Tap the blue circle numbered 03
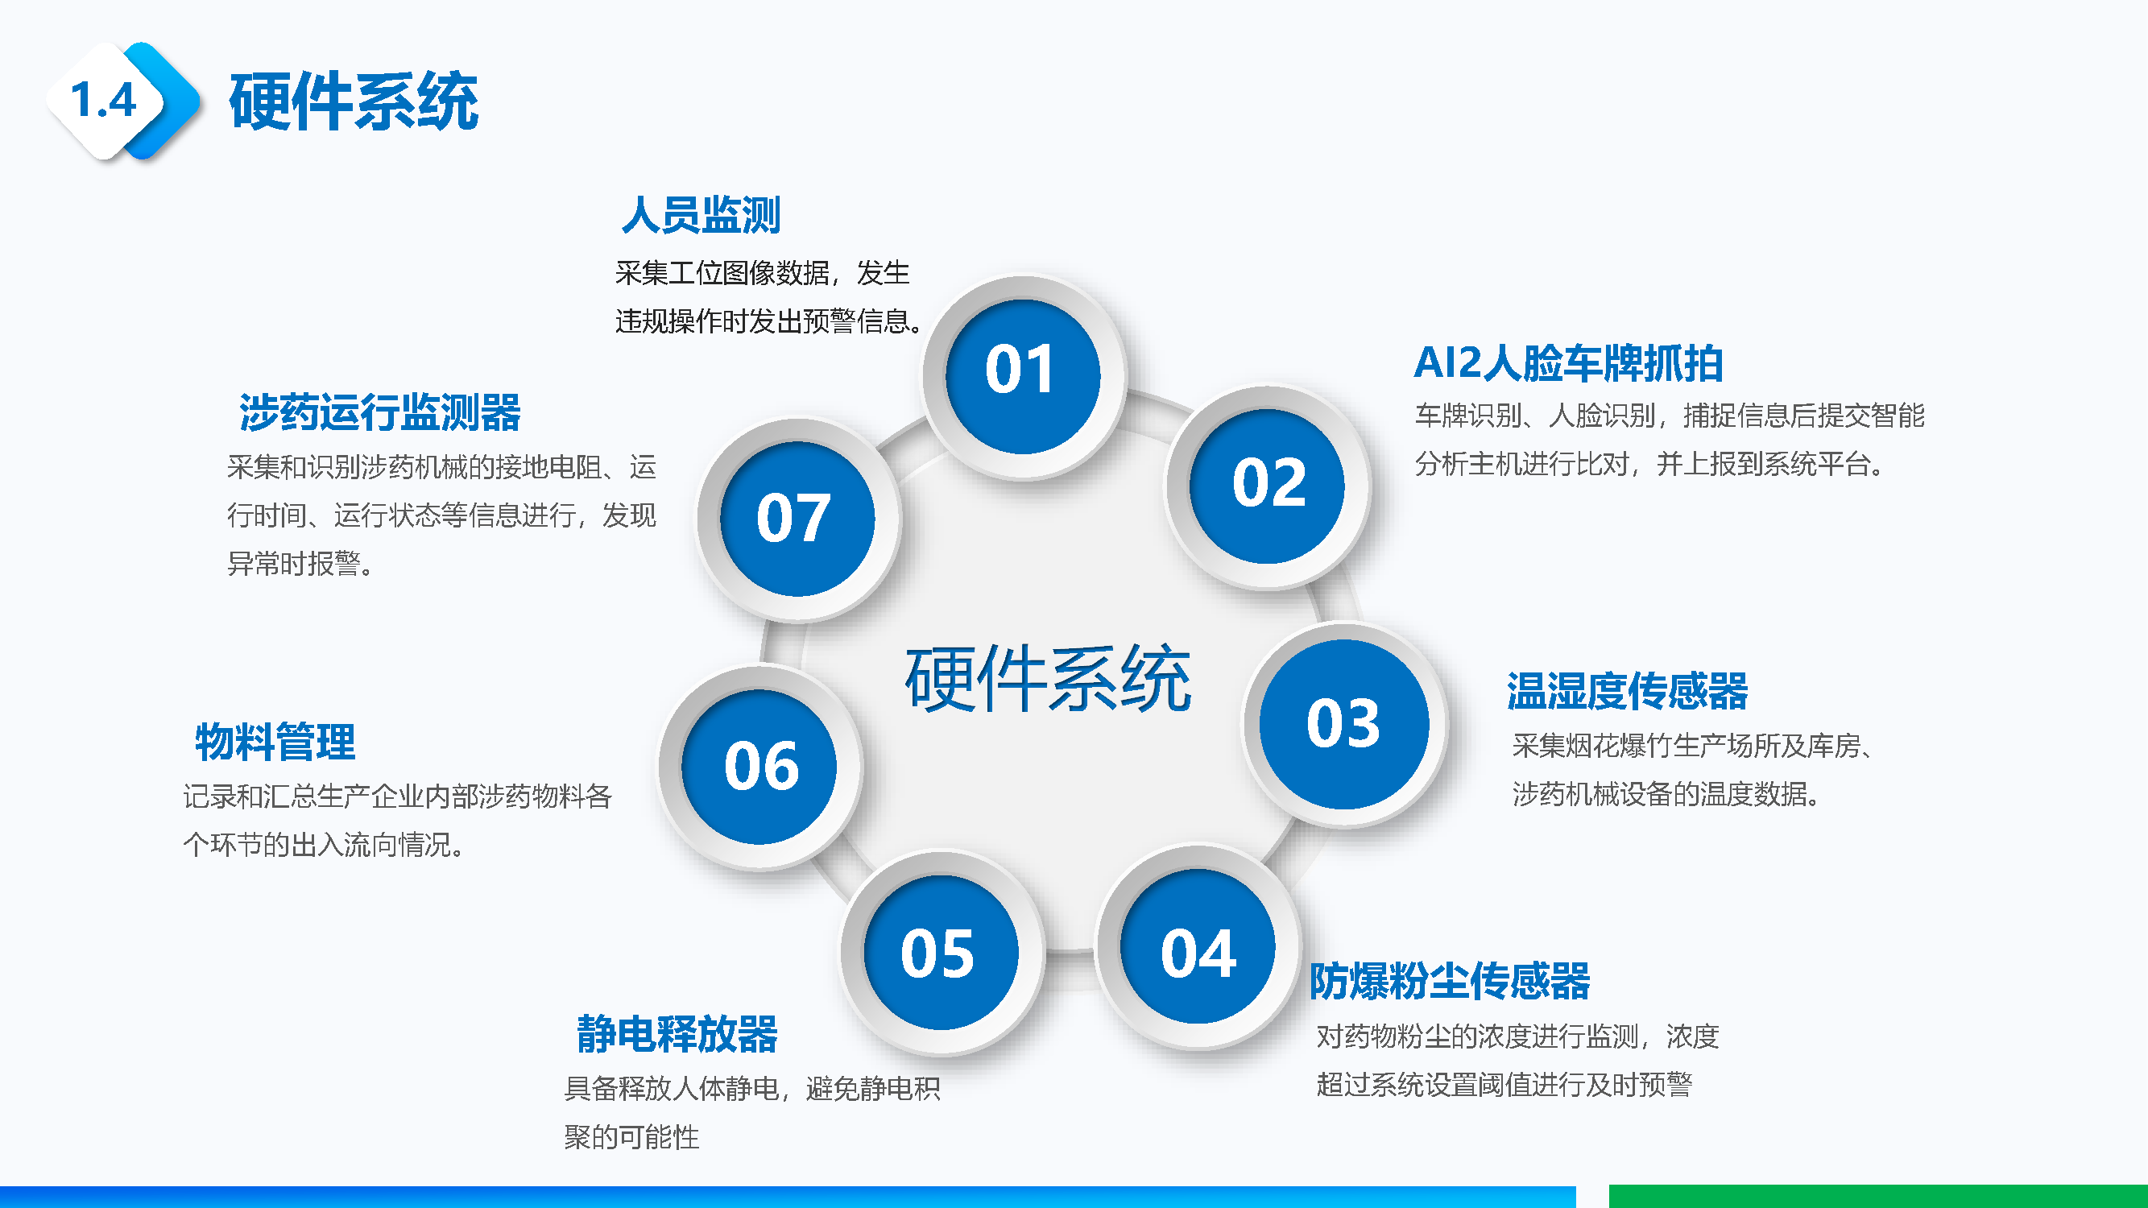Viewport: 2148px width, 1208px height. [1343, 724]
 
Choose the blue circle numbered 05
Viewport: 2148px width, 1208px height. [941, 951]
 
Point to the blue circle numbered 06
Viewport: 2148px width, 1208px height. [759, 766]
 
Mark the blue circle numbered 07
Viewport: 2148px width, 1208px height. [797, 519]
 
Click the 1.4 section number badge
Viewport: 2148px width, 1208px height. [105, 101]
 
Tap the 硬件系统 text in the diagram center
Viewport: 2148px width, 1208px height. [1048, 679]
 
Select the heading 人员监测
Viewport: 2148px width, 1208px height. [701, 215]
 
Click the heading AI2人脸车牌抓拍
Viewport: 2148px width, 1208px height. [1567, 363]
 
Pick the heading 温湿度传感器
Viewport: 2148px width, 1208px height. [1627, 691]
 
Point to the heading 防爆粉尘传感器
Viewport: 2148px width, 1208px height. [1449, 981]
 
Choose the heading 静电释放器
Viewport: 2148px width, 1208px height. [677, 1034]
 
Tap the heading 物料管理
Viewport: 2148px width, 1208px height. [275, 742]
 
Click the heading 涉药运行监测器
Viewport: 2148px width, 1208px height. [379, 412]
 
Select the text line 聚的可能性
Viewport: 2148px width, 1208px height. [631, 1136]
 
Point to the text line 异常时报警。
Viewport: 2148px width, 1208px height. [300, 565]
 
